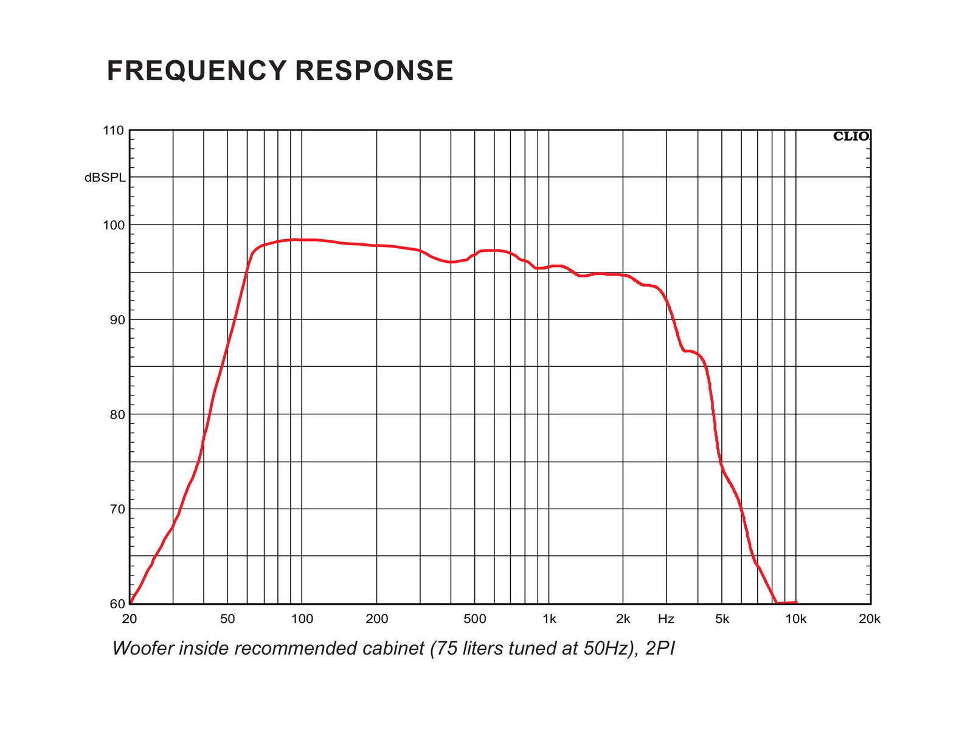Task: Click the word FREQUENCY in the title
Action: point(196,71)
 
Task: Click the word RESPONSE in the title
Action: point(374,71)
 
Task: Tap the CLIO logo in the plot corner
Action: point(851,137)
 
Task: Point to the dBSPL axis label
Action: point(105,178)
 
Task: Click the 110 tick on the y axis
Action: point(113,131)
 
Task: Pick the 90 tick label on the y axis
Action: point(117,320)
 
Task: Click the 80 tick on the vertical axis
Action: point(117,415)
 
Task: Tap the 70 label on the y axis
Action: point(117,509)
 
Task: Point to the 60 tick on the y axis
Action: point(117,604)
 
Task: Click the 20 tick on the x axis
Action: point(130,619)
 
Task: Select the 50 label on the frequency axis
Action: point(227,619)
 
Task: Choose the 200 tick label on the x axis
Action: point(376,619)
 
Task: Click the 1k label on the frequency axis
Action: point(549,619)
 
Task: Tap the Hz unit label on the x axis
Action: point(666,619)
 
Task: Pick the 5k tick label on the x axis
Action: point(722,619)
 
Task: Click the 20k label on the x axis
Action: point(870,619)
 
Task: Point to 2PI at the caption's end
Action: point(660,648)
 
